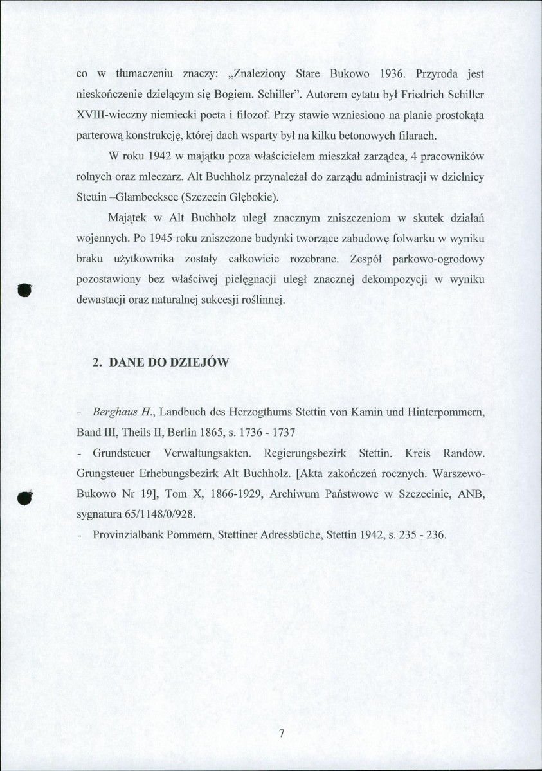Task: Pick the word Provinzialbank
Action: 130,534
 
